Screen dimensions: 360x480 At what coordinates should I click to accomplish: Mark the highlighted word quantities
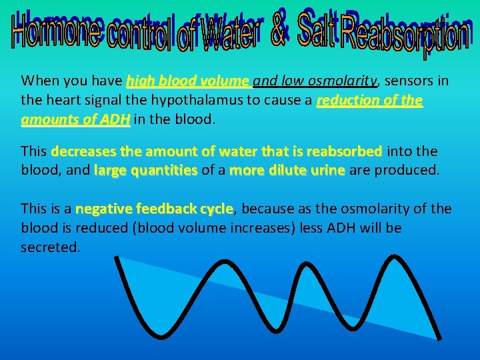tap(164, 170)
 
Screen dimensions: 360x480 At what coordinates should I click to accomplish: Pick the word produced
tap(405, 170)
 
